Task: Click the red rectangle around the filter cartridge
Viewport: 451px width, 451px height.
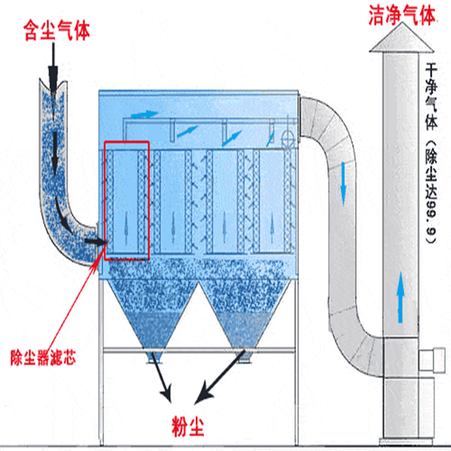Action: click(x=126, y=201)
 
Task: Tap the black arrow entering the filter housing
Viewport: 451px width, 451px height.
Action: click(x=95, y=242)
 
